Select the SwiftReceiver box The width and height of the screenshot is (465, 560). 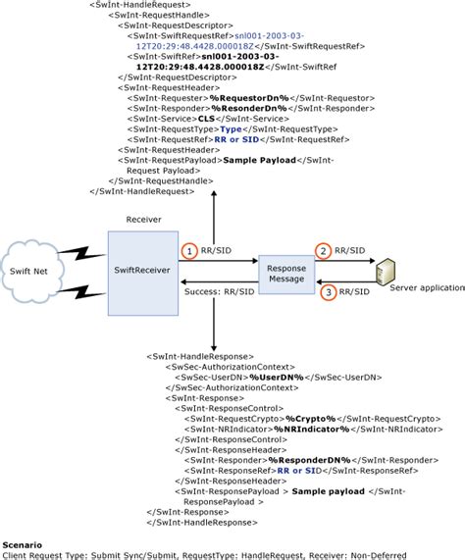[x=140, y=272]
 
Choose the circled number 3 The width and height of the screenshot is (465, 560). [x=332, y=291]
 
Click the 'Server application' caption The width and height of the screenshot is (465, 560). [x=425, y=286]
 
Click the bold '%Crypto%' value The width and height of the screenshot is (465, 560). [x=307, y=418]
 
